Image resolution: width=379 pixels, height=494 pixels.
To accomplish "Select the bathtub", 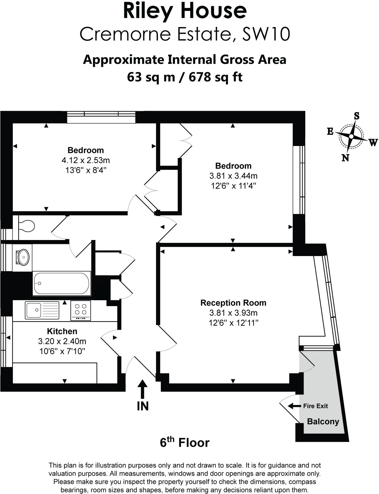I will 62,283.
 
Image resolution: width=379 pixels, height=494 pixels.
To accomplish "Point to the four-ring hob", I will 81,310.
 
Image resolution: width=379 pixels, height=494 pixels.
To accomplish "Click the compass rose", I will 351,136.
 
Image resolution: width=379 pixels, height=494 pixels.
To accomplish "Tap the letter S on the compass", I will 356,116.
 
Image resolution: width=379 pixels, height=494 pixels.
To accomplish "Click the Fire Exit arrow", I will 294,406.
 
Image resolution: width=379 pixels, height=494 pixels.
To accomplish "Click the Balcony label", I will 323,422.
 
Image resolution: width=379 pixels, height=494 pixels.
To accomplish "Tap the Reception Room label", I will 233,303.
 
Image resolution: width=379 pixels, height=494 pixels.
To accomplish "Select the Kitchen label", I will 62,331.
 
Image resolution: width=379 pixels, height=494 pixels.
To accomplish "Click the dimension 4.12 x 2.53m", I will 86,160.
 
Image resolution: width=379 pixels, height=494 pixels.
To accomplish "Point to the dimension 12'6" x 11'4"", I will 233,186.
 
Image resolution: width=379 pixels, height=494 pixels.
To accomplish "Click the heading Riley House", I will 185,11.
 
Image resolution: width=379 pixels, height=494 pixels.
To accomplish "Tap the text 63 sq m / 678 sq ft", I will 185,77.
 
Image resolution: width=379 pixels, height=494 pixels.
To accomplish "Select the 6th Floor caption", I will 185,443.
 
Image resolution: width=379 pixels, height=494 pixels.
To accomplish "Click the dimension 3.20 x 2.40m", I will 62,341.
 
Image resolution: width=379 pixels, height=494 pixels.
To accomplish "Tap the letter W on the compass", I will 373,142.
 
